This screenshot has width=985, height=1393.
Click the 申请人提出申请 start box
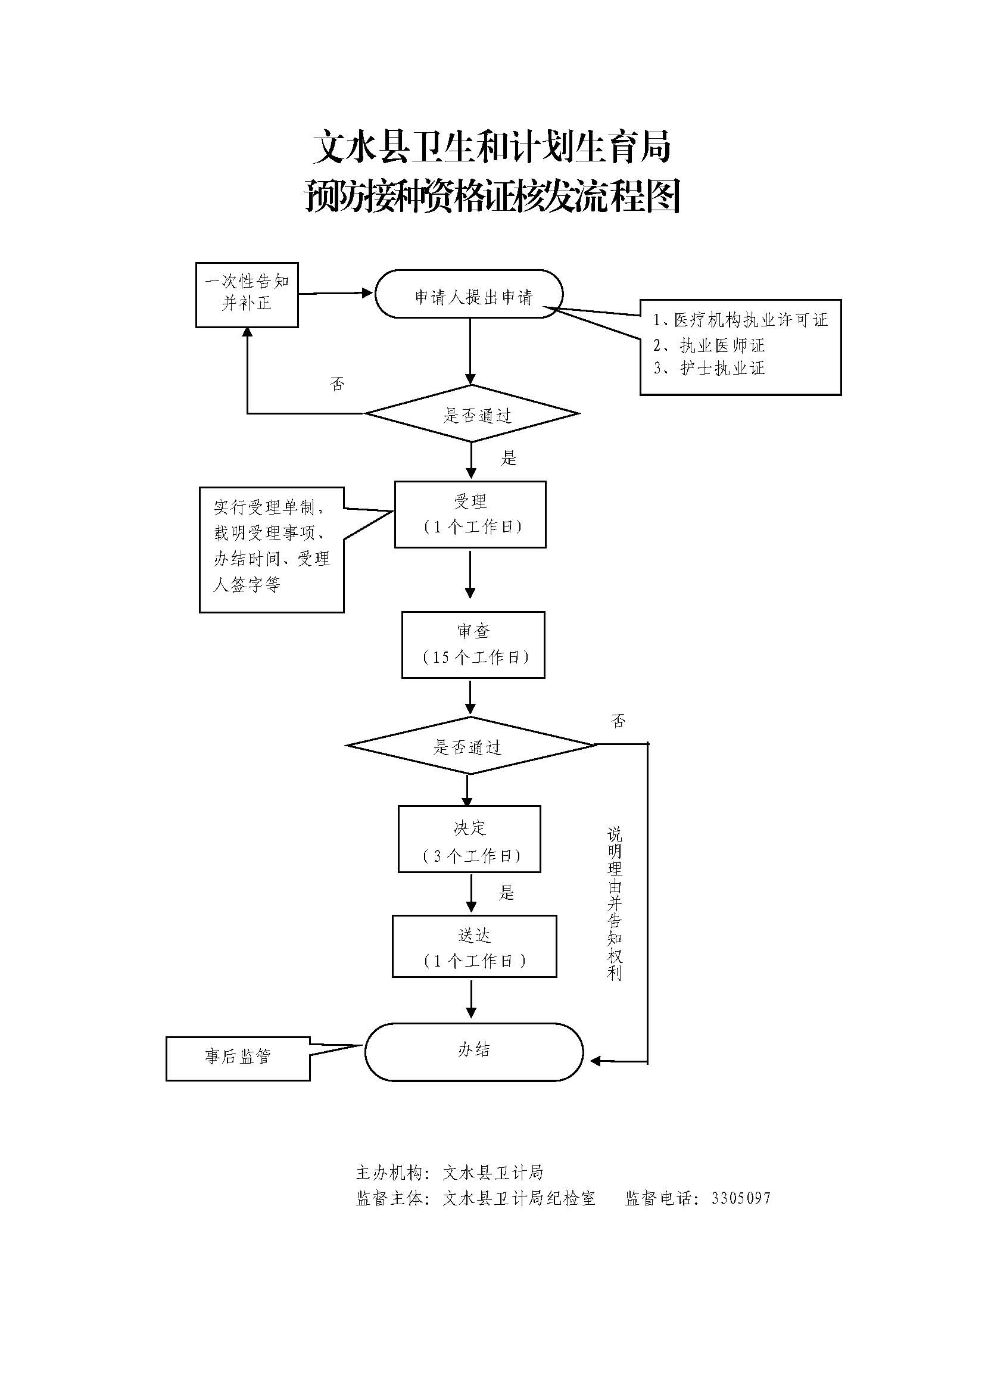[469, 294]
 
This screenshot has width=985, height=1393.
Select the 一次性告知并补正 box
[247, 295]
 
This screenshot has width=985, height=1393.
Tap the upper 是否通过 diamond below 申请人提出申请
[472, 415]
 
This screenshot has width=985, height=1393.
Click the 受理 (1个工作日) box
[470, 515]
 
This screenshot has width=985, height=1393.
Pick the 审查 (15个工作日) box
[473, 644]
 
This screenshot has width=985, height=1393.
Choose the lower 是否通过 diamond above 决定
[470, 746]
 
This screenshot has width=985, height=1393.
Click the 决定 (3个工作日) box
[469, 840]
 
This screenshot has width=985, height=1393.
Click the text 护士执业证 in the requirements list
[722, 369]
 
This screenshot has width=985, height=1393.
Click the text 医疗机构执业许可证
[751, 320]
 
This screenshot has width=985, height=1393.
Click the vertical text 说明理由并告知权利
[615, 905]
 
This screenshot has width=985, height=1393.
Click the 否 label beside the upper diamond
[337, 384]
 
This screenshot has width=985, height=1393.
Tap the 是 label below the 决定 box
[506, 893]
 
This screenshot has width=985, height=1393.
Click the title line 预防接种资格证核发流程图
[492, 197]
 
